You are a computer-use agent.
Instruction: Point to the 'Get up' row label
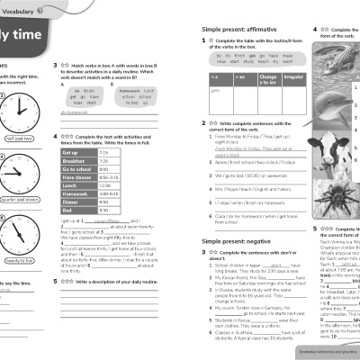click(71, 152)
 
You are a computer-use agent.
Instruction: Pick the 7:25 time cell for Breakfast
click(104, 161)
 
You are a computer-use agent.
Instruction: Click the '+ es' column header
click(240, 78)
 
